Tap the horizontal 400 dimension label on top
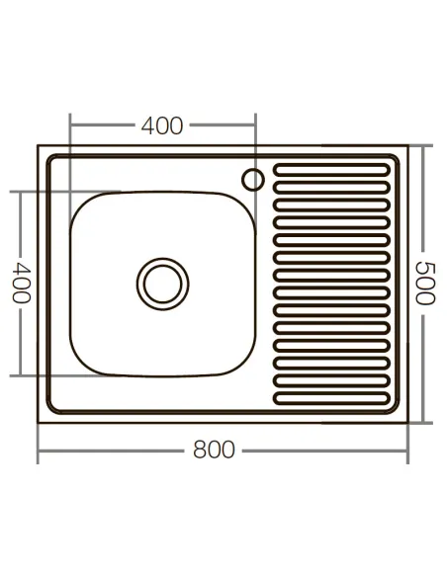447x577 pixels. pyautogui.click(x=162, y=126)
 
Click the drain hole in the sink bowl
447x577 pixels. pyautogui.click(x=160, y=282)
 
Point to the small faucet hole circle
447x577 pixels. pyautogui.click(x=253, y=179)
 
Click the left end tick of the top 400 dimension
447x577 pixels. pyautogui.click(x=70, y=125)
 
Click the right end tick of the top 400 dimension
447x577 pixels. pyautogui.click(x=254, y=125)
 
